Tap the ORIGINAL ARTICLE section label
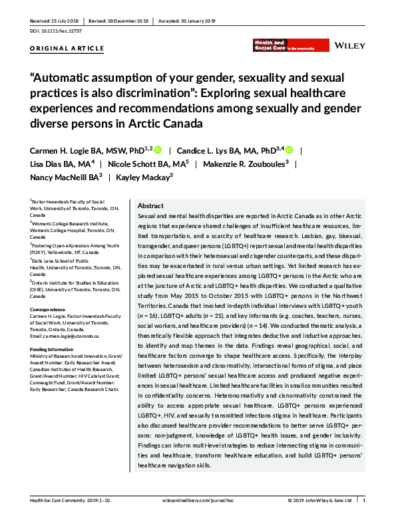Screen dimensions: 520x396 click(67, 49)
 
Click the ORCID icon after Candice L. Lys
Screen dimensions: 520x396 click(290, 150)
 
